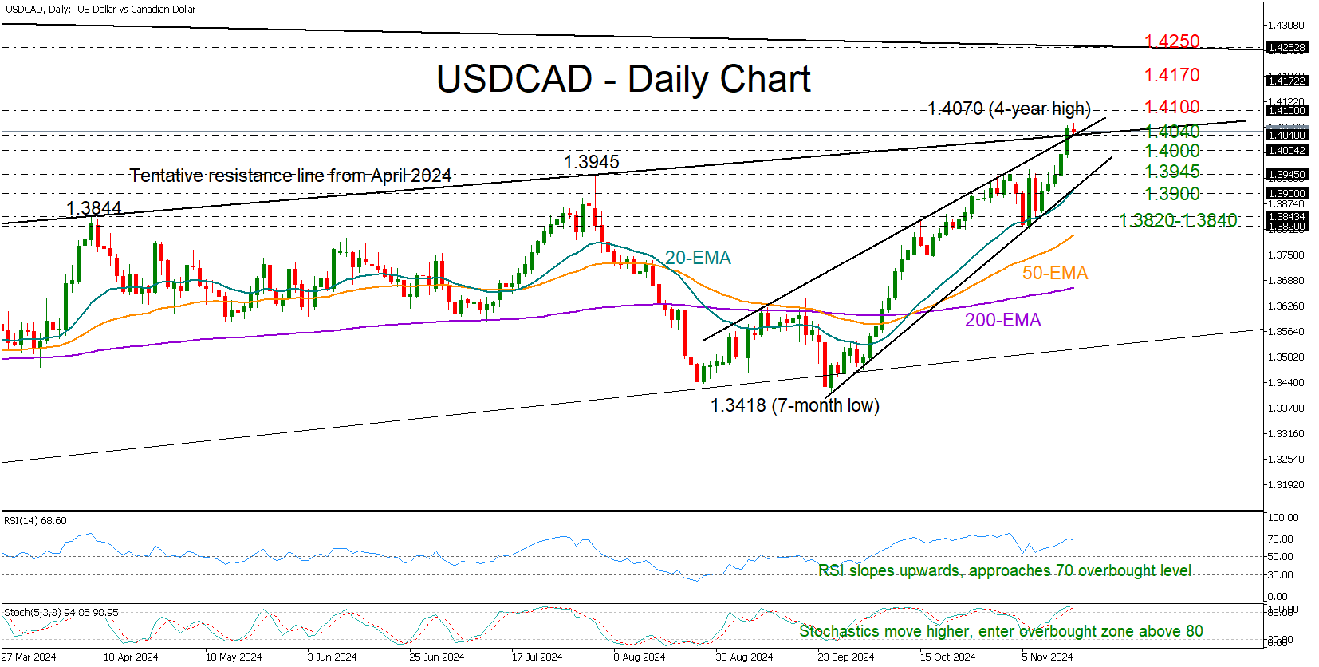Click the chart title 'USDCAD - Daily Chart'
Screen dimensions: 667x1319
[x=624, y=79]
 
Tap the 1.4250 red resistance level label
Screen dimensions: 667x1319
[x=1171, y=41]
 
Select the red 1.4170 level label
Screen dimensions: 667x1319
[x=1171, y=75]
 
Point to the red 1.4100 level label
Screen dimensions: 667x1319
[x=1171, y=107]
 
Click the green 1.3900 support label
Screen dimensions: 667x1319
[x=1171, y=194]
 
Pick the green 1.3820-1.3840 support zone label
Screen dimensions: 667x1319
[x=1178, y=220]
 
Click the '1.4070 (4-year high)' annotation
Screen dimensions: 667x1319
[x=1009, y=109]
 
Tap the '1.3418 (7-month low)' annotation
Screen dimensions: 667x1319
[x=794, y=405]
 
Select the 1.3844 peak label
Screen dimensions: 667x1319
[x=93, y=208]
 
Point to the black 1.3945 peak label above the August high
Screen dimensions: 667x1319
[x=591, y=162]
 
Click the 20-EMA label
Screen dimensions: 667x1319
[x=698, y=258]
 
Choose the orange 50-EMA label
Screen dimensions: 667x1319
[x=1055, y=273]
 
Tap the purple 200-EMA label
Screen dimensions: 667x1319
[x=1002, y=320]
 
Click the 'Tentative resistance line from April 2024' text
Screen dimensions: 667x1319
[x=290, y=176]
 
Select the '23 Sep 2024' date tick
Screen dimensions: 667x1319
[x=845, y=657]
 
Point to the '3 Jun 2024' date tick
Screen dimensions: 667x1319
[x=332, y=657]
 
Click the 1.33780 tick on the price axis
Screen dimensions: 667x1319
[x=1285, y=408]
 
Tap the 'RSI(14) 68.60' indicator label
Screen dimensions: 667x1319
[x=35, y=521]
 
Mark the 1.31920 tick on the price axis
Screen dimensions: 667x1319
[x=1285, y=485]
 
